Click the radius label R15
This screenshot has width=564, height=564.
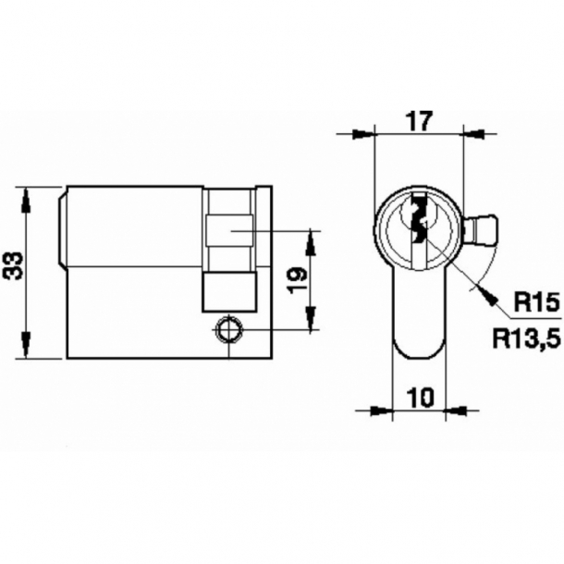pos(530,301)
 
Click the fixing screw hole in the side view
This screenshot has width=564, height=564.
pos(227,328)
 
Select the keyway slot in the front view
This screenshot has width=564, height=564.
pos(419,222)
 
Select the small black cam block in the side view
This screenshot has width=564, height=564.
pos(227,290)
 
